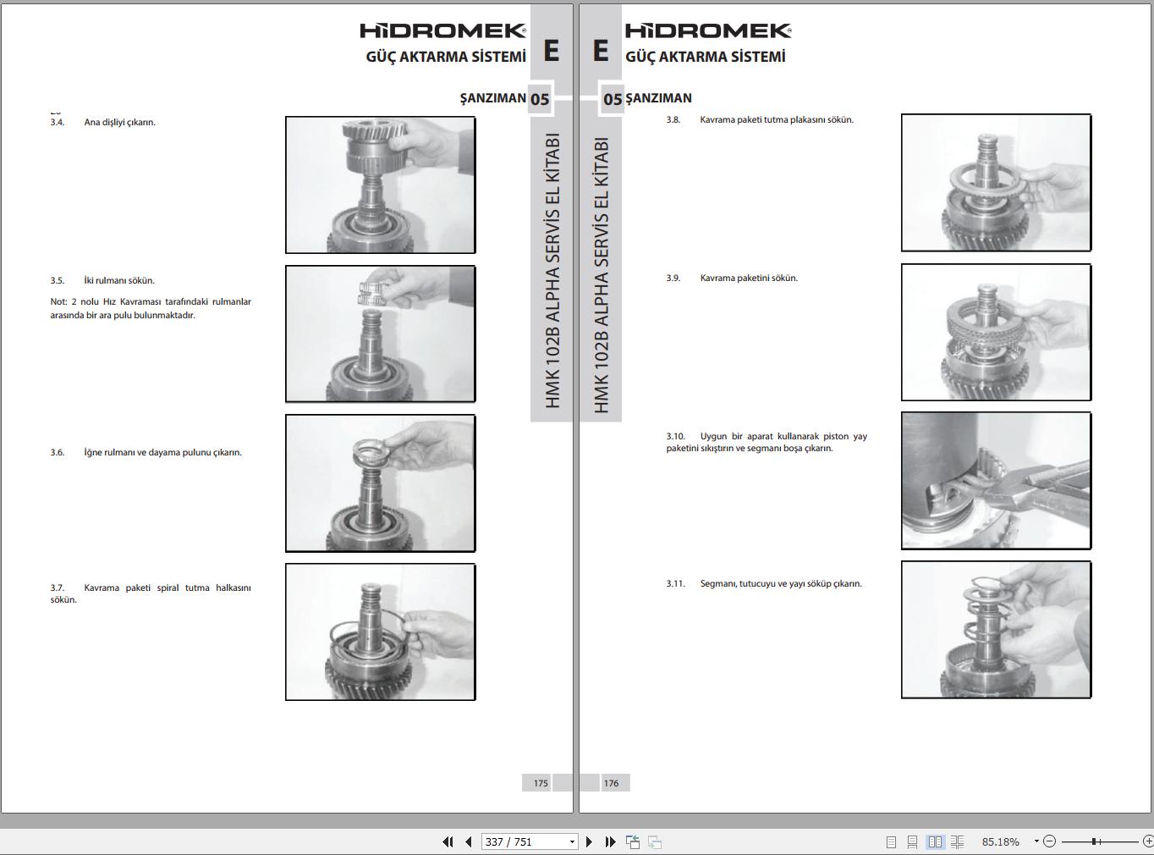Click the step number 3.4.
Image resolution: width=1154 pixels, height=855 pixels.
(57, 123)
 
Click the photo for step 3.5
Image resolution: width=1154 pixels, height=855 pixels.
(381, 334)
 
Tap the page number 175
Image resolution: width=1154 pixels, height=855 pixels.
(541, 783)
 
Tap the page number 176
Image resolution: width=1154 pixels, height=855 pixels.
(611, 783)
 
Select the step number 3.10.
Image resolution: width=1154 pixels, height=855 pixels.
(675, 437)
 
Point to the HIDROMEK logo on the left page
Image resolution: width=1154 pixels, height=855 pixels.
(443, 31)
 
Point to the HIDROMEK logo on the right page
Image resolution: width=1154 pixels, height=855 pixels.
(708, 31)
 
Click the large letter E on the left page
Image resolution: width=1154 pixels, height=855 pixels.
(551, 52)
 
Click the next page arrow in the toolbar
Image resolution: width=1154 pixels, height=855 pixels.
(590, 841)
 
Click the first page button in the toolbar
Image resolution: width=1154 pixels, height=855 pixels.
(448, 841)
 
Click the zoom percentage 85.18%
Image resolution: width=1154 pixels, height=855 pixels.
(1000, 841)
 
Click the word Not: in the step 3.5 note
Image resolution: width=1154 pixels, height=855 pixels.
(58, 302)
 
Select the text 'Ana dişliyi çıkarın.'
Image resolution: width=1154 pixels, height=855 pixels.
(120, 123)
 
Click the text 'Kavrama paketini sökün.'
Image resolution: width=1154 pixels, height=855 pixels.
(749, 279)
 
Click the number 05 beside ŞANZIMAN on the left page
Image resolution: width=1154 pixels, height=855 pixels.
(540, 99)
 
